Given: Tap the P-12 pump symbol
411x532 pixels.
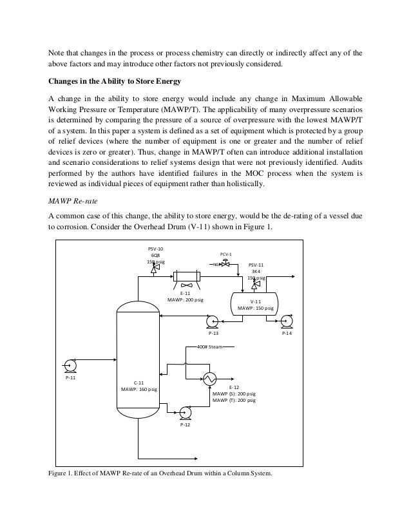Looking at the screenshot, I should [x=186, y=412].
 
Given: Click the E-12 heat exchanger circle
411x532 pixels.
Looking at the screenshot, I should [x=210, y=378].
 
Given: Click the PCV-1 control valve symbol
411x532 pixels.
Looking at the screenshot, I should [x=225, y=264].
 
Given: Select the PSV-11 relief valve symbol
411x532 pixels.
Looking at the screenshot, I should [x=256, y=285].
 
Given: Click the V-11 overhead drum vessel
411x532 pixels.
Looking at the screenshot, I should [x=254, y=303].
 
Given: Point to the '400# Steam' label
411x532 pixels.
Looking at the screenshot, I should [x=209, y=347].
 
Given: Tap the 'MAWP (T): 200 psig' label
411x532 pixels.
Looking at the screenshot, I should [x=234, y=401].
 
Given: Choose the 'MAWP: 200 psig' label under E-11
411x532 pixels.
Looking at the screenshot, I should [x=185, y=300].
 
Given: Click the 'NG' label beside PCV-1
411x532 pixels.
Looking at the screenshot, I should [x=216, y=265].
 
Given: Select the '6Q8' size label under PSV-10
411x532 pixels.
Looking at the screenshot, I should [x=155, y=254].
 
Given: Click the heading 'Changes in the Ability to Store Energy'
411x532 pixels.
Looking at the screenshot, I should [x=122, y=81].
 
